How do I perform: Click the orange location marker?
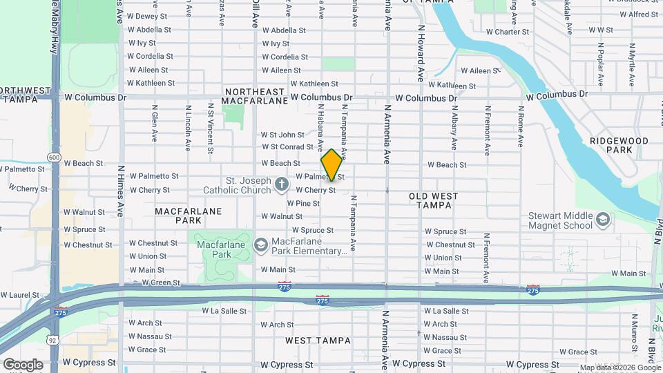(x=331, y=165)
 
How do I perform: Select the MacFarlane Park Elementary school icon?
(x=261, y=245)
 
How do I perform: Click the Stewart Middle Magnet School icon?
(x=603, y=220)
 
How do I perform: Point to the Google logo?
(x=22, y=364)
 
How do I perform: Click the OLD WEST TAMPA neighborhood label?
(x=433, y=200)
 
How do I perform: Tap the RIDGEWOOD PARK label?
(x=619, y=145)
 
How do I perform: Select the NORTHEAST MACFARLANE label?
(x=255, y=96)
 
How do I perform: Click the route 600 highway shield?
(x=55, y=157)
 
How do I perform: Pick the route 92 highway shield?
(x=52, y=339)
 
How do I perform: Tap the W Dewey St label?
(x=148, y=16)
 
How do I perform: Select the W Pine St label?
(x=302, y=203)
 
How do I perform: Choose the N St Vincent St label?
(x=210, y=128)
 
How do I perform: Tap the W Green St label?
(x=160, y=283)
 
